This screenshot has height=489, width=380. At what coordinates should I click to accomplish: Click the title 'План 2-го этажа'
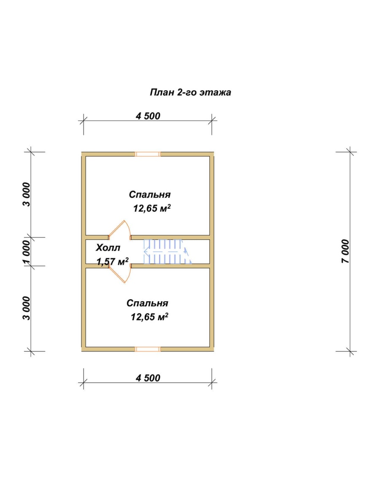190,93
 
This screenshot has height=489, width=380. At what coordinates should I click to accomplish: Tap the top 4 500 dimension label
148,116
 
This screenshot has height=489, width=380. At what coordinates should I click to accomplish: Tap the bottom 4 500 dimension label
148,378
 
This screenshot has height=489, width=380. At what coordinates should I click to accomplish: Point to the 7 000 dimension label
346,251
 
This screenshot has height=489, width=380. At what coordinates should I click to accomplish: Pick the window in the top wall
148,154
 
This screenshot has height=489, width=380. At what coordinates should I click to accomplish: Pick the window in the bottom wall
148,349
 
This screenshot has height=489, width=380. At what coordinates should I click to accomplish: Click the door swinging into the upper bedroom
119,229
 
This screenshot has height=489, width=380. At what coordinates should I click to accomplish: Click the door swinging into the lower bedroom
119,274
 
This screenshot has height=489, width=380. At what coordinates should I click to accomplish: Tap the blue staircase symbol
167,252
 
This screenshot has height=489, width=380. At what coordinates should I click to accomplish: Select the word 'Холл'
108,248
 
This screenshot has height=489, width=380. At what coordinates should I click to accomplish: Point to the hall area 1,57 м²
112,261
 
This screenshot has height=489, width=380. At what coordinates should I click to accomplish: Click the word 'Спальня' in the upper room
150,195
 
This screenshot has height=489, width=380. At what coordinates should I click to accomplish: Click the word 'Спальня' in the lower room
147,303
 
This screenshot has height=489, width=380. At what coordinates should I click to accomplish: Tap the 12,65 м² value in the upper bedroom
152,208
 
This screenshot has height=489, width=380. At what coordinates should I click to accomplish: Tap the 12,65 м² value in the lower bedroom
149,317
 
